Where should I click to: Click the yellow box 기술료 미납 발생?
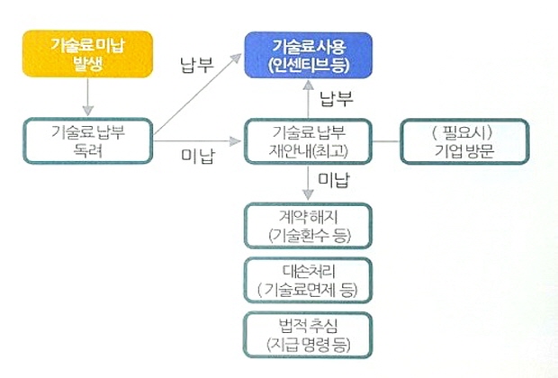click(87, 54)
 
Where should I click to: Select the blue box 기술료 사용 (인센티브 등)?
click(308, 55)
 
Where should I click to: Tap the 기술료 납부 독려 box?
click(88, 141)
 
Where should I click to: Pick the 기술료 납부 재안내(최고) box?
click(308, 141)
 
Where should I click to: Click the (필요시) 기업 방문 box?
click(464, 141)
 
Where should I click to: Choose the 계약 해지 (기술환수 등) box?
click(308, 226)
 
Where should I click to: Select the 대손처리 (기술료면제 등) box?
click(308, 281)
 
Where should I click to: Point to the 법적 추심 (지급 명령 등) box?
click(308, 335)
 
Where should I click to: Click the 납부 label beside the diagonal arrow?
click(197, 65)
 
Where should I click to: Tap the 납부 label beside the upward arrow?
click(337, 98)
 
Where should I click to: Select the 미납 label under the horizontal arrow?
click(198, 157)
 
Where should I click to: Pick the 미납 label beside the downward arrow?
click(334, 180)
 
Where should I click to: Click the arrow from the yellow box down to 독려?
click(87, 96)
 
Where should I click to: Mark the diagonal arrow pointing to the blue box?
click(198, 94)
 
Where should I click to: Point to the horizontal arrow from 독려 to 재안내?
click(197, 141)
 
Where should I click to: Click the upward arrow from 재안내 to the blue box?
click(308, 99)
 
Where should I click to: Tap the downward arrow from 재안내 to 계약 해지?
click(308, 182)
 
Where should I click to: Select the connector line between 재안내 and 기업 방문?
click(386, 141)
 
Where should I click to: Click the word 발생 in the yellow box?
click(87, 64)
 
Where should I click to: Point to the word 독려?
click(88, 150)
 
